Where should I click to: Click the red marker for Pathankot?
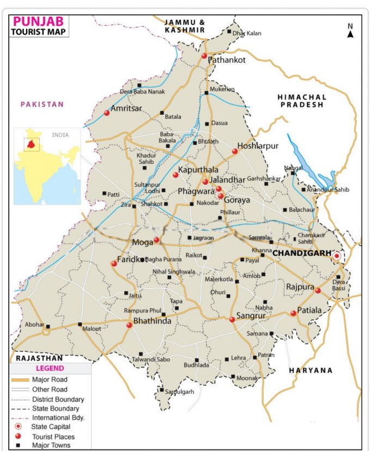coord(204,56)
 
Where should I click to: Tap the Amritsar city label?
coord(126,108)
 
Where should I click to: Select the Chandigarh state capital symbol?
coord(337,255)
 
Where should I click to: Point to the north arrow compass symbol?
coord(350,31)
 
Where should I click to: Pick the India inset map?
coord(47,166)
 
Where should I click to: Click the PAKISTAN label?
coord(42,104)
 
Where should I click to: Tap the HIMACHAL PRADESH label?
coord(302,101)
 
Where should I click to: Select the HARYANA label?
coord(311,370)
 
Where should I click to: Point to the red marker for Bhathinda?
coord(129,325)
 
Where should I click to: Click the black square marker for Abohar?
coord(48,327)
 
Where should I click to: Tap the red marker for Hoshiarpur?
coord(235,151)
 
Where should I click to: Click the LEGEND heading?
coord(50,369)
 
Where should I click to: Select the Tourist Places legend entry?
coord(53,436)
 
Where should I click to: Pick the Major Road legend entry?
coord(50,379)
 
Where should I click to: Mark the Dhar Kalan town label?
coord(247,33)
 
